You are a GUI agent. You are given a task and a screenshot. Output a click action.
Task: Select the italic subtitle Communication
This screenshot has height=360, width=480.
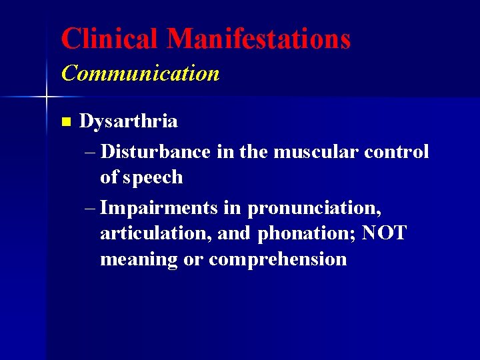140,73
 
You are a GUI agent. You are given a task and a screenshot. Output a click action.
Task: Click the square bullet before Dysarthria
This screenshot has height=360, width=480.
65,122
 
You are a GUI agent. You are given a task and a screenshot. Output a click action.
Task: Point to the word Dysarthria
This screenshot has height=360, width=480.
128,121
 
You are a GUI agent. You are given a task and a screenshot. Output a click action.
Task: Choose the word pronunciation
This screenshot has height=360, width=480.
315,208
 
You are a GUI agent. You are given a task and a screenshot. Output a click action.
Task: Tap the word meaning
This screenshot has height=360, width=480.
139,259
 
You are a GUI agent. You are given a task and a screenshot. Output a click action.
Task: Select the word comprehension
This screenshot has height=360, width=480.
278,259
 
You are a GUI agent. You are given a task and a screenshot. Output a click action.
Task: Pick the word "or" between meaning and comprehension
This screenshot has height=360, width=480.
193,260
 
